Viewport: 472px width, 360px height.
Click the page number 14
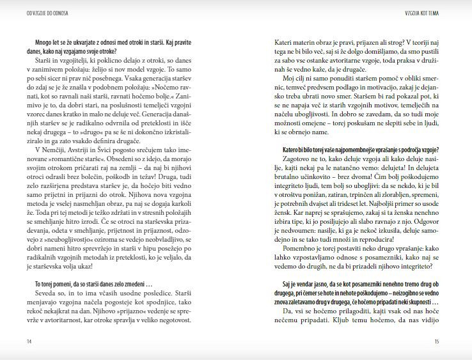point(12,341)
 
